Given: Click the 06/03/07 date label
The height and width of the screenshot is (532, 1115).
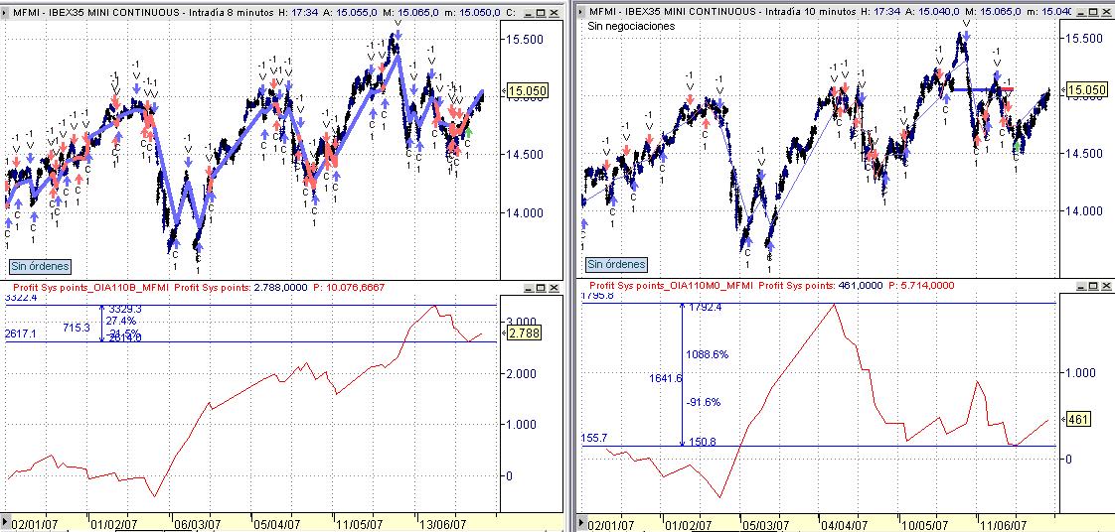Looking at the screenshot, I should (197, 522).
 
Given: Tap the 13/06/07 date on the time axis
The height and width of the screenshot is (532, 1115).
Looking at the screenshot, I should (444, 522).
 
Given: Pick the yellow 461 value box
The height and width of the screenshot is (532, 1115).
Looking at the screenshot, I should (1078, 420).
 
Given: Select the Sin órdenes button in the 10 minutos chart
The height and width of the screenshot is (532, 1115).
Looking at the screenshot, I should (616, 264).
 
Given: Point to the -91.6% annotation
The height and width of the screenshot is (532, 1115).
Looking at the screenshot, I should (703, 402).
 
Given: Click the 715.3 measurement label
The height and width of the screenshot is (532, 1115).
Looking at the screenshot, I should (77, 327).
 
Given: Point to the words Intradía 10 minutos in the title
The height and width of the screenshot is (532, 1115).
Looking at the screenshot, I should (809, 11).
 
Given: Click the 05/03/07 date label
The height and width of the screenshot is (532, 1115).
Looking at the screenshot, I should (767, 522).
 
